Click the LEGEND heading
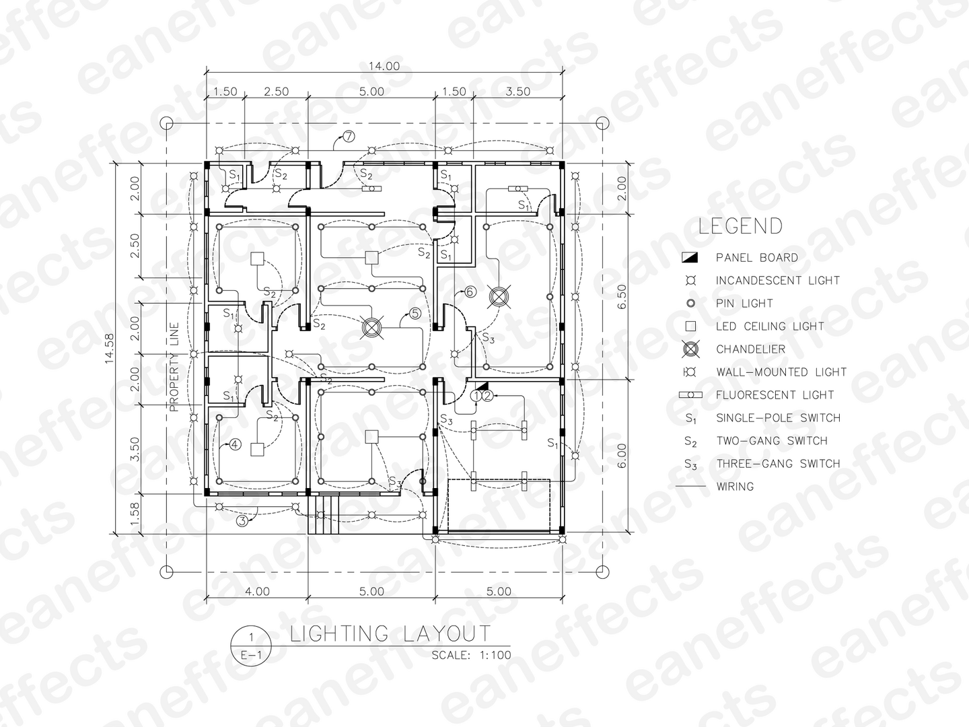point(740,226)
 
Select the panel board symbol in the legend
point(690,257)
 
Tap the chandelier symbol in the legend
point(690,349)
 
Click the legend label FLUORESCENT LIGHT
point(775,395)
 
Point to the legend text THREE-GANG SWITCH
point(778,464)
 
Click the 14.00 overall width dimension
point(384,66)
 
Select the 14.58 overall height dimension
point(109,348)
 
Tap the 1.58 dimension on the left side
point(135,514)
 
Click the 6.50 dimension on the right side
point(621,297)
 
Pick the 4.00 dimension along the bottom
point(257,591)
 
